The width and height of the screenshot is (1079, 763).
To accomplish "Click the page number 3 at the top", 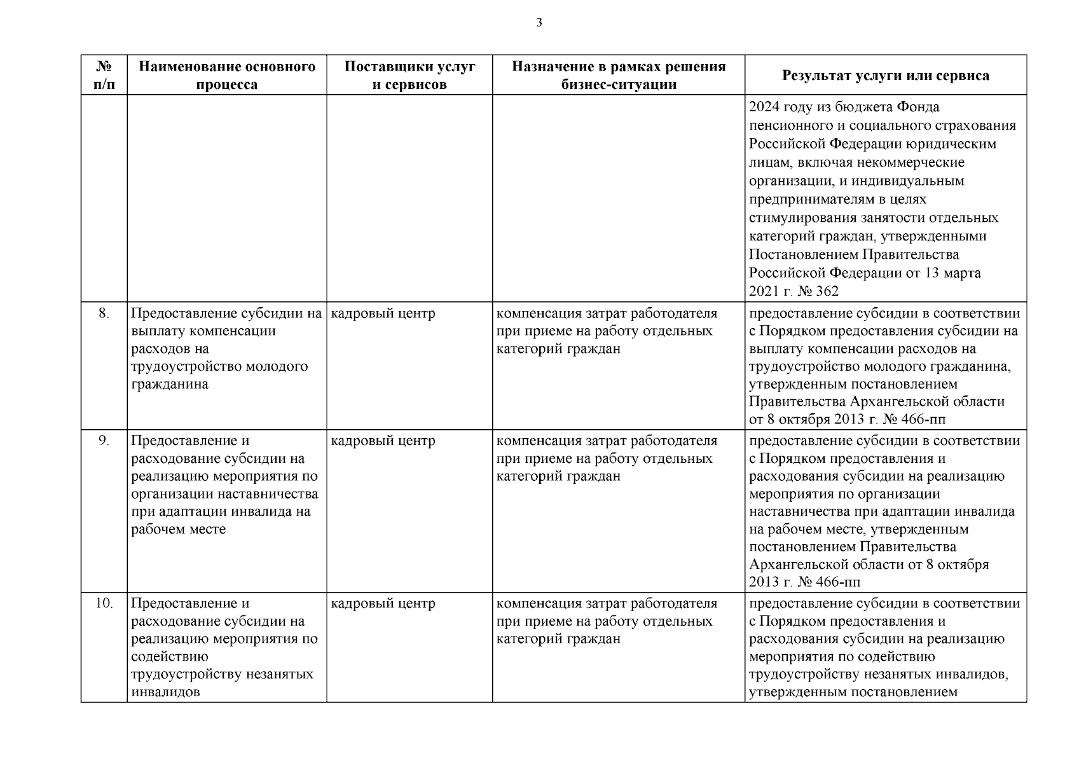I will [x=539, y=24].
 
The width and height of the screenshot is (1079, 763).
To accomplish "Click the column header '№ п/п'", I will [x=104, y=75].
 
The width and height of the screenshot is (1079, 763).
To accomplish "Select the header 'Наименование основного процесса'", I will [x=227, y=75].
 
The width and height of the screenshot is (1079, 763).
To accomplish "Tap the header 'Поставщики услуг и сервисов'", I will [x=409, y=75].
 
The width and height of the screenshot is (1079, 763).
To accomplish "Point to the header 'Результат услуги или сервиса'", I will [x=885, y=75].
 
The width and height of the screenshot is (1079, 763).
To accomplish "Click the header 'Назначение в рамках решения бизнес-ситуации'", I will [x=618, y=75].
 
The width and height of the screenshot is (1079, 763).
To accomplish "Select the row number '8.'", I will [x=104, y=313].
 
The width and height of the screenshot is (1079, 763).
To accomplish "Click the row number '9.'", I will [x=104, y=441].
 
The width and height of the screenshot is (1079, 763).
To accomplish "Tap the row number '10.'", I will [x=104, y=603].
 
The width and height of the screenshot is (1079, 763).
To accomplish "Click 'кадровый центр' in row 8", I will [x=383, y=313].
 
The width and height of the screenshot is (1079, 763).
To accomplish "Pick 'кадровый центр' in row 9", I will [x=383, y=441].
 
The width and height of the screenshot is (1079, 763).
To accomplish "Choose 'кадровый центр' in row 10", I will [x=383, y=603].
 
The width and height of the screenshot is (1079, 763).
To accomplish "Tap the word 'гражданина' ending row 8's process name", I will [x=170, y=385].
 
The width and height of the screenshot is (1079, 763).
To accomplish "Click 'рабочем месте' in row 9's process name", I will [x=178, y=530].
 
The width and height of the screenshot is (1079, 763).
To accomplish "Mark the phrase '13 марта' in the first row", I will [x=952, y=273].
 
